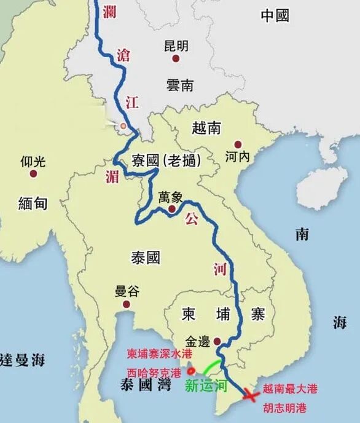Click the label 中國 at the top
275,16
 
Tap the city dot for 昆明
176,58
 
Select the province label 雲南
179,85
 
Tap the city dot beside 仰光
33,174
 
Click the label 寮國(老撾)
166,162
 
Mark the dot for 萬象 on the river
172,209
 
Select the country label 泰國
145,257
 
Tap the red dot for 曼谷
127,304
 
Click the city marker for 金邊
216,340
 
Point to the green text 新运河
207,386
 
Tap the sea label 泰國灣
146,387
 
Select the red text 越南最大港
289,389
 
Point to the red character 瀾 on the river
111,12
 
